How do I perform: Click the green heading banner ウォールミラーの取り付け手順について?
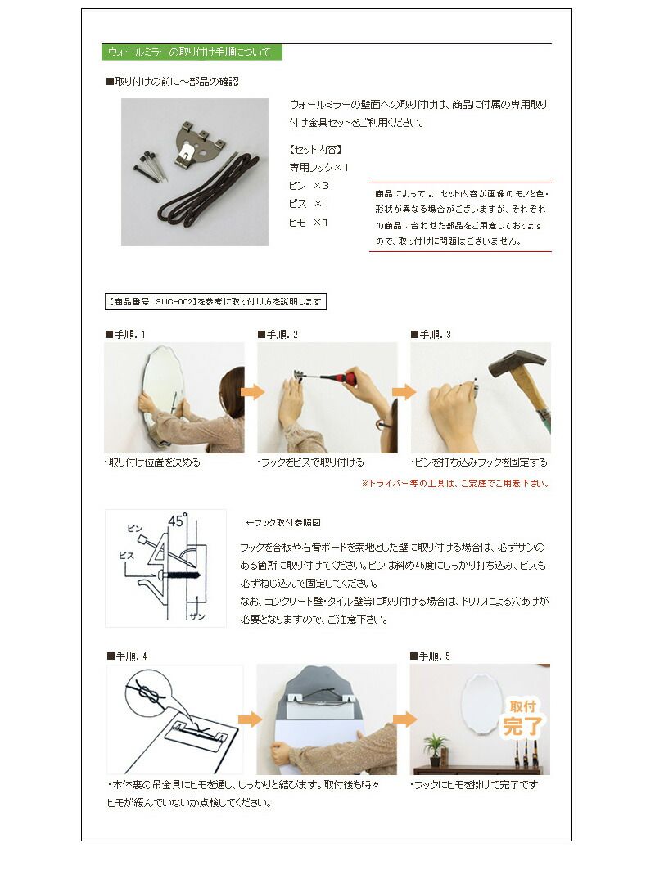(192, 52)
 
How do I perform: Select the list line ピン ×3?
(309, 186)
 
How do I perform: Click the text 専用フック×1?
(319, 167)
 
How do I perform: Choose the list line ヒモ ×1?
(309, 222)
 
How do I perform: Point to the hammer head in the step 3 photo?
(516, 363)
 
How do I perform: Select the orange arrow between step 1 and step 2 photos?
(253, 391)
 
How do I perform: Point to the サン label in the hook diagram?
(196, 614)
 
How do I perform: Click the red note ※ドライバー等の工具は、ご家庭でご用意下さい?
(454, 484)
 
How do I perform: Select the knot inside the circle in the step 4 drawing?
(147, 693)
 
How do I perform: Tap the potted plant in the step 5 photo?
(436, 746)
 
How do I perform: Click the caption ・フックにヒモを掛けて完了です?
(474, 785)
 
